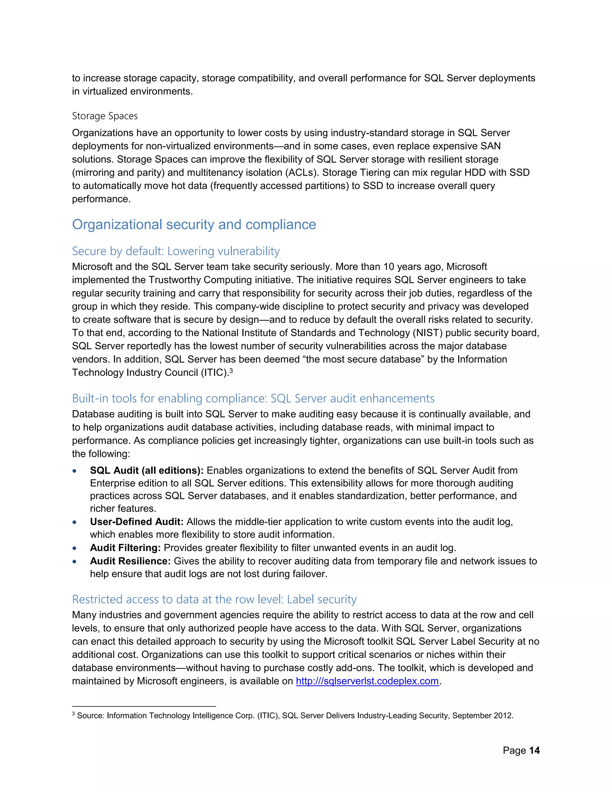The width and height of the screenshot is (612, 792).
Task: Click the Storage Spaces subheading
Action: [105, 116]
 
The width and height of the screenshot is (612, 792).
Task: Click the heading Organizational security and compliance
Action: [194, 224]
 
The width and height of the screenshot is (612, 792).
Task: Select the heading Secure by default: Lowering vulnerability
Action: [176, 251]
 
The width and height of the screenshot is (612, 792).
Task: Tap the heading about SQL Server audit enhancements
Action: [253, 398]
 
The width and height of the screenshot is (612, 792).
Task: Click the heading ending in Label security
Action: [214, 599]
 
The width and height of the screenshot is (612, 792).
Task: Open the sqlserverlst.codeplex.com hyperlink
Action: [367, 681]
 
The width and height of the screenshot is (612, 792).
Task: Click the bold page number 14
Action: [534, 750]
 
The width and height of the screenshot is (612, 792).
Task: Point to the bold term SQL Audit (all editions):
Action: [146, 470]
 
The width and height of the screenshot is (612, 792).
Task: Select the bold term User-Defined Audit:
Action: [137, 522]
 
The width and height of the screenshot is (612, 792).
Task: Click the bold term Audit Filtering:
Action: [126, 548]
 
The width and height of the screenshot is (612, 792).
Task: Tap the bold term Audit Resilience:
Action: [130, 561]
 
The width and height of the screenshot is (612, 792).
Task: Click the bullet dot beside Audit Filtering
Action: [75, 548]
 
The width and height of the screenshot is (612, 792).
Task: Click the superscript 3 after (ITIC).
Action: [231, 370]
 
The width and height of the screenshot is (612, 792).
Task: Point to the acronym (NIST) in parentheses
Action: [427, 333]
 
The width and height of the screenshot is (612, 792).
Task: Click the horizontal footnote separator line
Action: [144, 707]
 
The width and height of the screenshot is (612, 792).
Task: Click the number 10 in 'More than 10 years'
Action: [389, 267]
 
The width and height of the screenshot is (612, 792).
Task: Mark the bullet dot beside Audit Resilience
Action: [75, 561]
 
